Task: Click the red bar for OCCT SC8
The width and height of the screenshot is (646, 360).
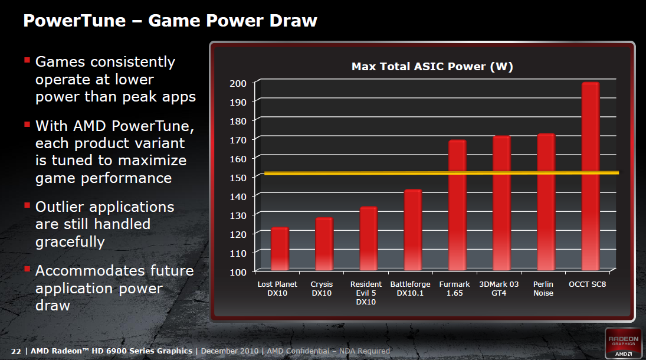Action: pos(590,177)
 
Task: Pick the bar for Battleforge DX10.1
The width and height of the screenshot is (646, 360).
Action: pos(413,230)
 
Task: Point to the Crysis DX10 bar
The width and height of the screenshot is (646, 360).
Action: pos(324,244)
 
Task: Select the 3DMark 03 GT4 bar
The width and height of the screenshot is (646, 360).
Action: pos(501,204)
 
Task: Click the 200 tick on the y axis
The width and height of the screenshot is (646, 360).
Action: pos(238,83)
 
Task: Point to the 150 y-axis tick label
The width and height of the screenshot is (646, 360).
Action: pos(238,177)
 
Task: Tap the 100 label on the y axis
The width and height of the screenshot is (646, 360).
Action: pos(238,271)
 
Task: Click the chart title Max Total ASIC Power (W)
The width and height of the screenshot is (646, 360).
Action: pos(432,67)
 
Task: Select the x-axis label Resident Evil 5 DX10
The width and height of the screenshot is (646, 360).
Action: pos(366,293)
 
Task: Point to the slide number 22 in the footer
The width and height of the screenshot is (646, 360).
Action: pos(16,351)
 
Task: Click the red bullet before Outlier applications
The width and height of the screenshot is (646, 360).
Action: pos(27,205)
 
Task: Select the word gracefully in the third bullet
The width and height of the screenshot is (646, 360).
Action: pos(70,241)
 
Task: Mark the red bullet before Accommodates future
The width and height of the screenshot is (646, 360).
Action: pos(27,269)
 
